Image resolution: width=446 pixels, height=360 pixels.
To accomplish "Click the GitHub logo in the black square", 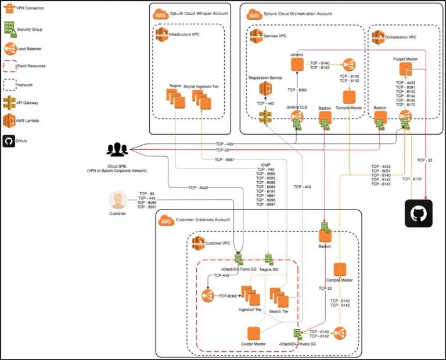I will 418,213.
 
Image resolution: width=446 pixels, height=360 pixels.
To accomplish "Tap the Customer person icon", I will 118,201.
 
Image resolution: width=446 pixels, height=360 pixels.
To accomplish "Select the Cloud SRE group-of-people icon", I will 117,149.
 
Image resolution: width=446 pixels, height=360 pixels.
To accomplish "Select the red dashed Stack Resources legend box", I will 9,66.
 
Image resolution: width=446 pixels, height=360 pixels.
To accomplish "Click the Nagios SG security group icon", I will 269,259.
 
